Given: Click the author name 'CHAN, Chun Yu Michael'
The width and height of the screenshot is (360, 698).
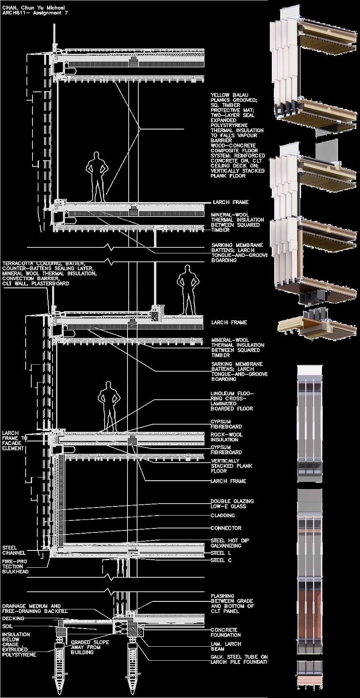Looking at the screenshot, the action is click(33, 8).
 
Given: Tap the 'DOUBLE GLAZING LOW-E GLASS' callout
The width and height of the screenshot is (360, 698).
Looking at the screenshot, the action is click(232, 504).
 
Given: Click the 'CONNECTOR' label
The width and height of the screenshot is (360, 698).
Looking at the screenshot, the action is click(226, 528).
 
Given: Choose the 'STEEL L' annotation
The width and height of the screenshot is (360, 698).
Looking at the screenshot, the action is click(221, 553).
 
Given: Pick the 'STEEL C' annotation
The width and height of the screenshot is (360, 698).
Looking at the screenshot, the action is click(221, 560).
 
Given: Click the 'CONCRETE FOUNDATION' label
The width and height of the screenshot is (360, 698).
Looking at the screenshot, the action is click(226, 632).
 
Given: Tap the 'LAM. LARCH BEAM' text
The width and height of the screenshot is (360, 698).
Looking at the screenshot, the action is click(226, 646).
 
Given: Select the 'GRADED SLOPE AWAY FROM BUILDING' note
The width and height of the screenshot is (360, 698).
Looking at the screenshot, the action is click(90, 647).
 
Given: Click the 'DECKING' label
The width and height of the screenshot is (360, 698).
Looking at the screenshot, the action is click(13, 618).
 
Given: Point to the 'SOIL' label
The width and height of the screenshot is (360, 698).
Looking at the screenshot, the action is click(7, 626).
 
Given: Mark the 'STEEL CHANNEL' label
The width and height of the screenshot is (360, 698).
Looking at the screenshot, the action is click(14, 550).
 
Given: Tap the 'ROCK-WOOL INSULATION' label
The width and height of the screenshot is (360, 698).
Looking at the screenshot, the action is click(227, 437).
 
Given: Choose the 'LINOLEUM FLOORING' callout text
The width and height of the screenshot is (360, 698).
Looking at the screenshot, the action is click(232, 401).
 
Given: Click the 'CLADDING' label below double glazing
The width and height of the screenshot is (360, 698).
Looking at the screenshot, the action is click(223, 515).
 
